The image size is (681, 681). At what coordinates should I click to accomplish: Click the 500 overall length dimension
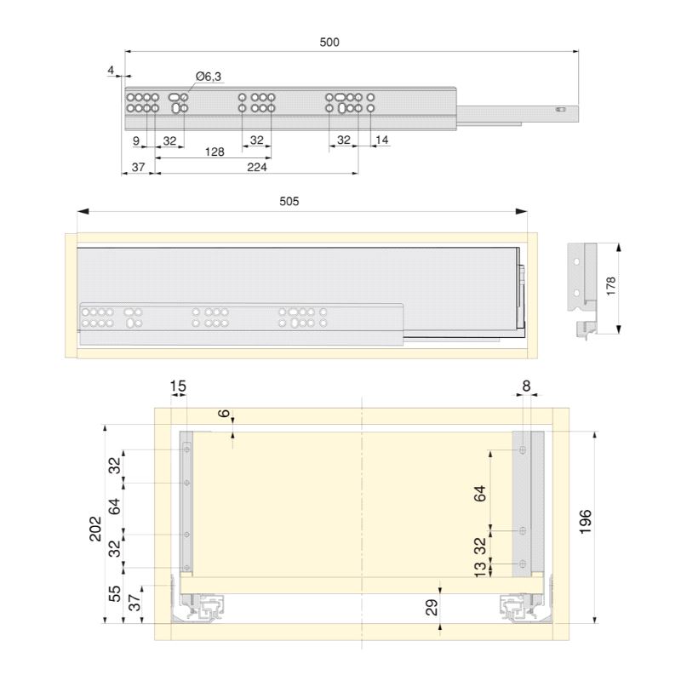pos(329,42)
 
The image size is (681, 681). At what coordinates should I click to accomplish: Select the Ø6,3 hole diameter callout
pos(209,77)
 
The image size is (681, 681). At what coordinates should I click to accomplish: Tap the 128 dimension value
pos(215,152)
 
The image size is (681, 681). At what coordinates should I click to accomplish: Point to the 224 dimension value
pos(257,167)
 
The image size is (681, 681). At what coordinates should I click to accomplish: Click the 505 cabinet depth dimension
pos(289,201)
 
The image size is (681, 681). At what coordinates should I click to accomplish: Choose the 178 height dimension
pos(610,286)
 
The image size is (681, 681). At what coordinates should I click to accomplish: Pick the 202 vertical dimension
pos(95,529)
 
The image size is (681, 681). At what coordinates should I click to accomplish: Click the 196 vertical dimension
pos(586,522)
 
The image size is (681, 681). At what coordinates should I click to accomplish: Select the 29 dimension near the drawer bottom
pos(432,608)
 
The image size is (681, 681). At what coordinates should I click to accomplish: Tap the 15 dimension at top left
pos(178,386)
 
